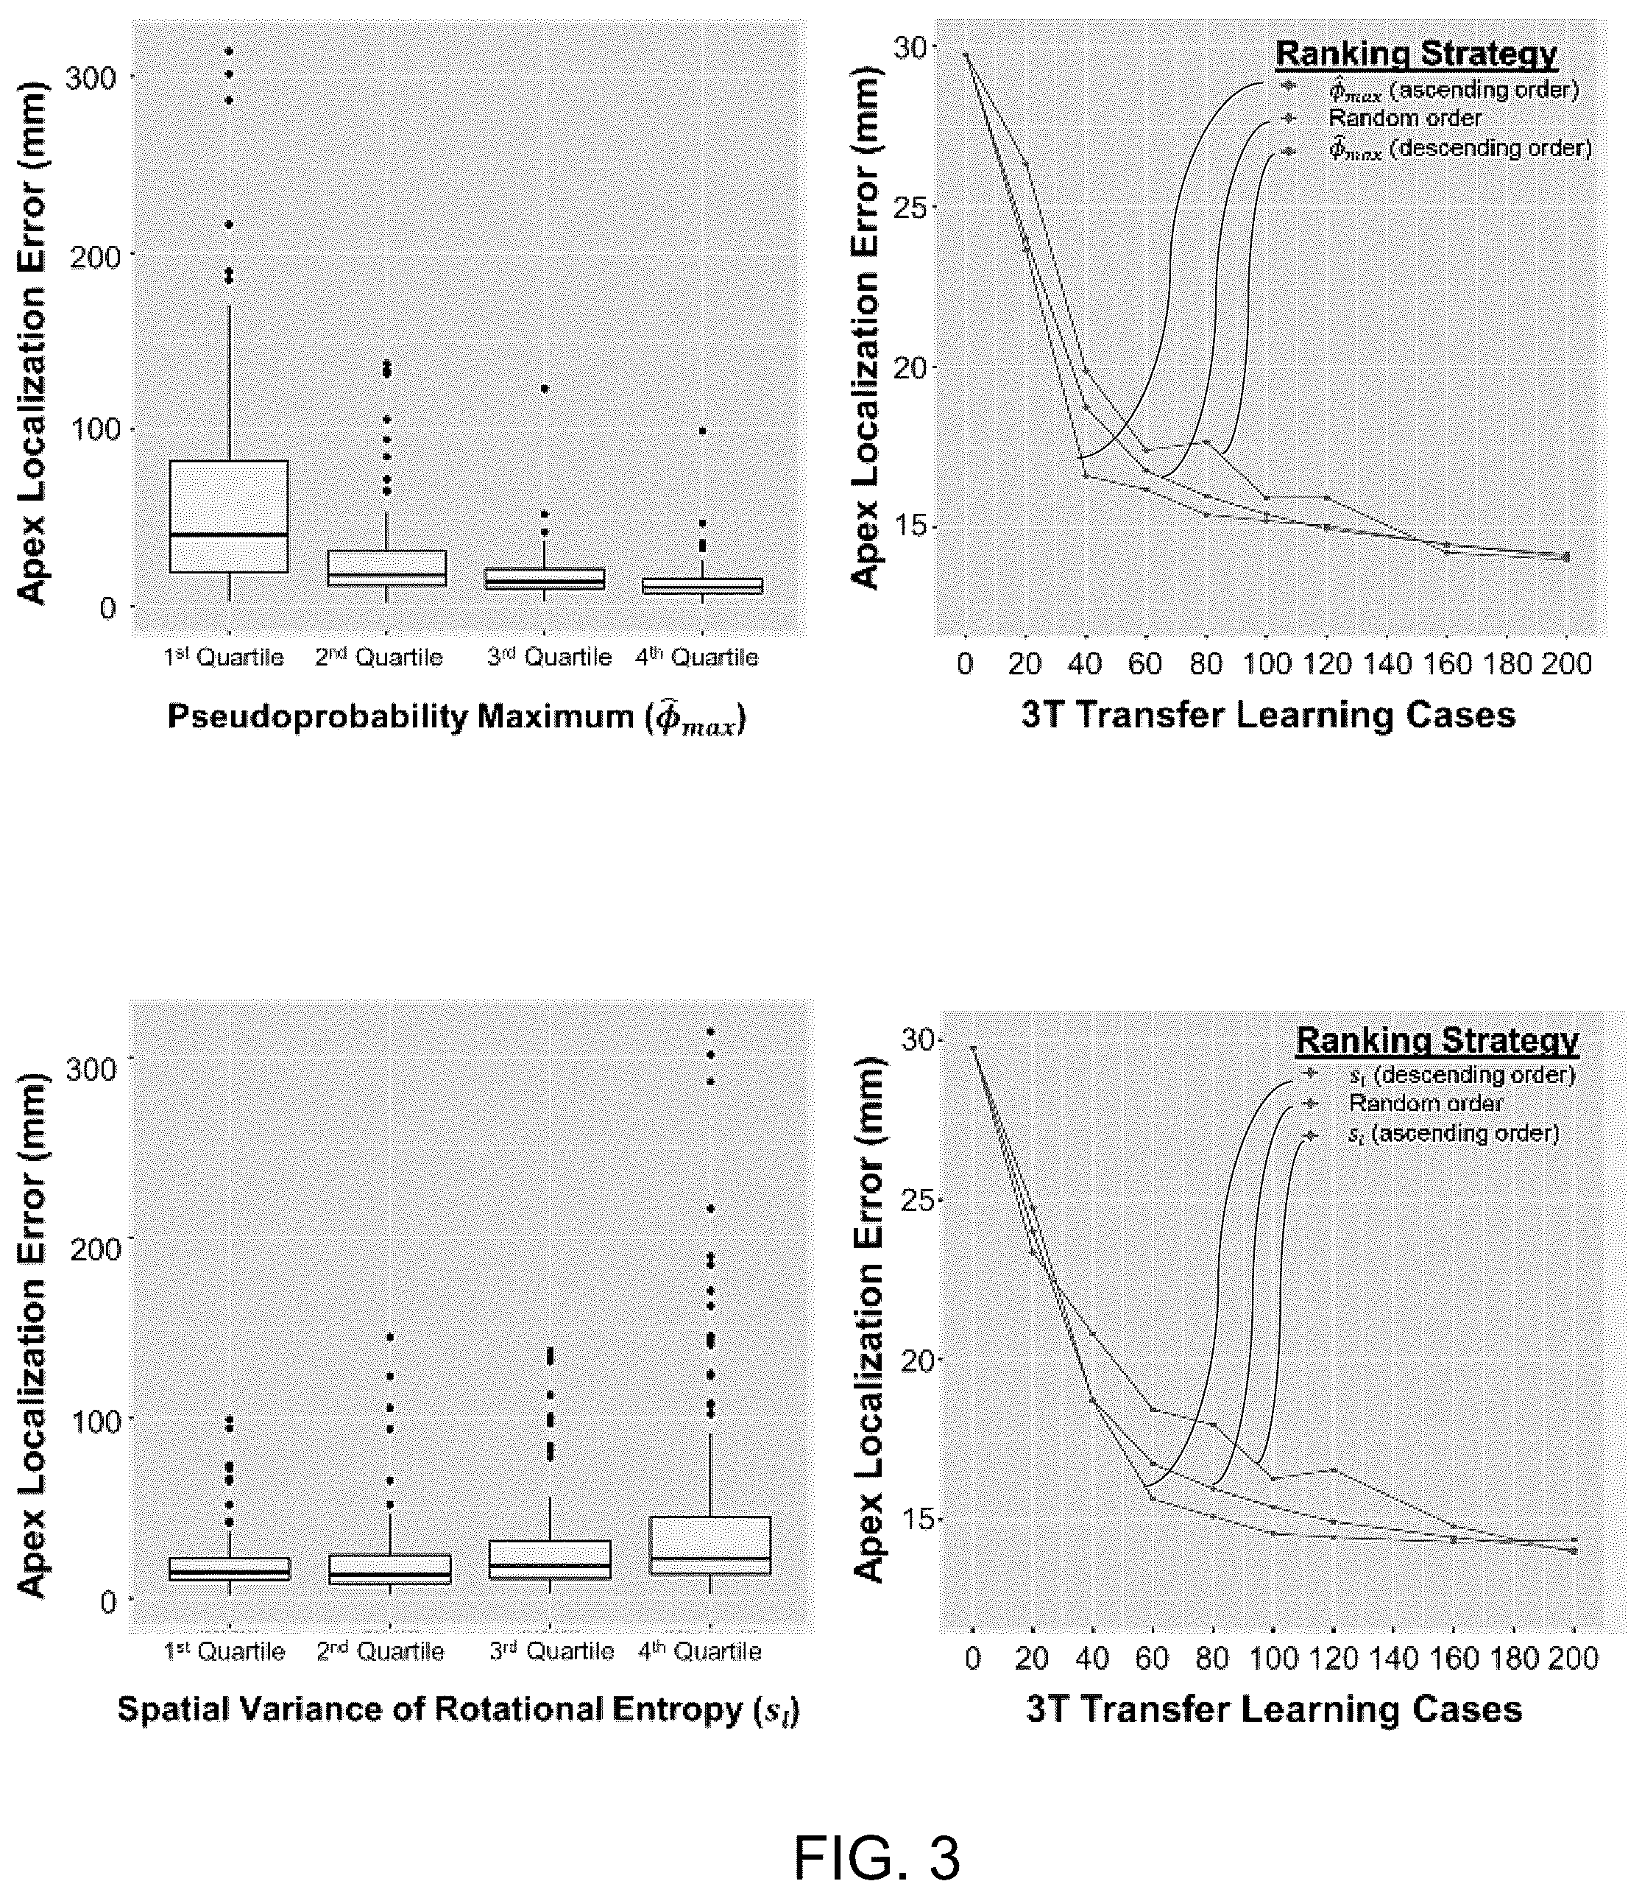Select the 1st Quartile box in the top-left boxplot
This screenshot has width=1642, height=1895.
click(x=228, y=516)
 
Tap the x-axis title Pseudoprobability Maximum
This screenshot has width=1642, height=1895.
click(x=456, y=716)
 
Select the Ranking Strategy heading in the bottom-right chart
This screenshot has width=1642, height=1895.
click(x=1437, y=1040)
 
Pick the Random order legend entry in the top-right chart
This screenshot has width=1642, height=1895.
click(x=1404, y=119)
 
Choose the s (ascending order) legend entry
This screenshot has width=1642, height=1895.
click(x=1454, y=1134)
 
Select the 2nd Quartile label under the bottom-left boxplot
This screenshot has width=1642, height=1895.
click(x=381, y=1651)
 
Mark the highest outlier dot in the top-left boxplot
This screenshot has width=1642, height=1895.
click(x=229, y=52)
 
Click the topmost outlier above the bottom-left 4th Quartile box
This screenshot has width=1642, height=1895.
click(x=710, y=1032)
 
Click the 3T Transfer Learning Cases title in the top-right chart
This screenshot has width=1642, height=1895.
click(x=1269, y=716)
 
